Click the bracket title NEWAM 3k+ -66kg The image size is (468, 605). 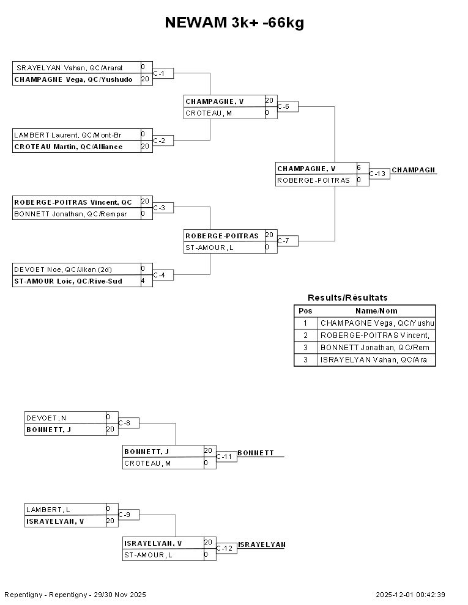[x=234, y=23]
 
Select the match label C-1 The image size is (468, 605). [x=159, y=73]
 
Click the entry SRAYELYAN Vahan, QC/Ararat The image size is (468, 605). [x=70, y=67]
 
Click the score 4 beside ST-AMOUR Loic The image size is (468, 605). [x=143, y=281]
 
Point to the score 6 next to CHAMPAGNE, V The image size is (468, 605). [x=359, y=167]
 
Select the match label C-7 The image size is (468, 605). [x=284, y=241]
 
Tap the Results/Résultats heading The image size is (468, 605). [x=347, y=298]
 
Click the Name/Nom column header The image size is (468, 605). [x=376, y=311]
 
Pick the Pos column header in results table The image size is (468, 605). [x=305, y=311]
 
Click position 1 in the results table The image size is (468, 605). [x=305, y=323]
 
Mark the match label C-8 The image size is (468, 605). [x=124, y=423]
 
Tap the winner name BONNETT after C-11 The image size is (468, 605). [x=256, y=453]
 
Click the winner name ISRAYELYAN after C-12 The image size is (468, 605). [x=261, y=544]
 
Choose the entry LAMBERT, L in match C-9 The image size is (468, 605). [x=48, y=509]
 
